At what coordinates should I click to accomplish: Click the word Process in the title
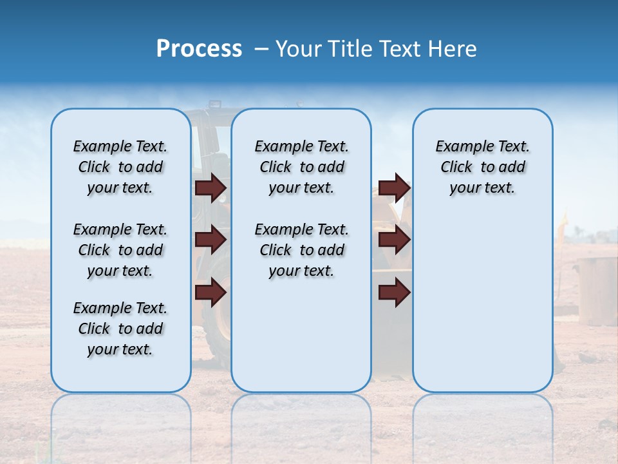199,49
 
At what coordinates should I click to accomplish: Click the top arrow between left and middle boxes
211,188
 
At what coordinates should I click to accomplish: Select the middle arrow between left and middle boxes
211,240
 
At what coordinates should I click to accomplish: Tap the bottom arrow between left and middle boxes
211,292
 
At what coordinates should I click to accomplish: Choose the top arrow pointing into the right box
394,188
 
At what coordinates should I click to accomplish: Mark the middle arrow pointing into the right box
394,240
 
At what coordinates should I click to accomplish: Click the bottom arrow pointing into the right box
394,292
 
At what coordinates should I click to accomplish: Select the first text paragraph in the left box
120,167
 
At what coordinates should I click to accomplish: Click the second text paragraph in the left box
120,250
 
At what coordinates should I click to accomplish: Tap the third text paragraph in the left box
120,329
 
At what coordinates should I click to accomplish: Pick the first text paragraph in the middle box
301,167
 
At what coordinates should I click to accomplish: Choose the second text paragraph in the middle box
301,250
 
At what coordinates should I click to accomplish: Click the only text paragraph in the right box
482,167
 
